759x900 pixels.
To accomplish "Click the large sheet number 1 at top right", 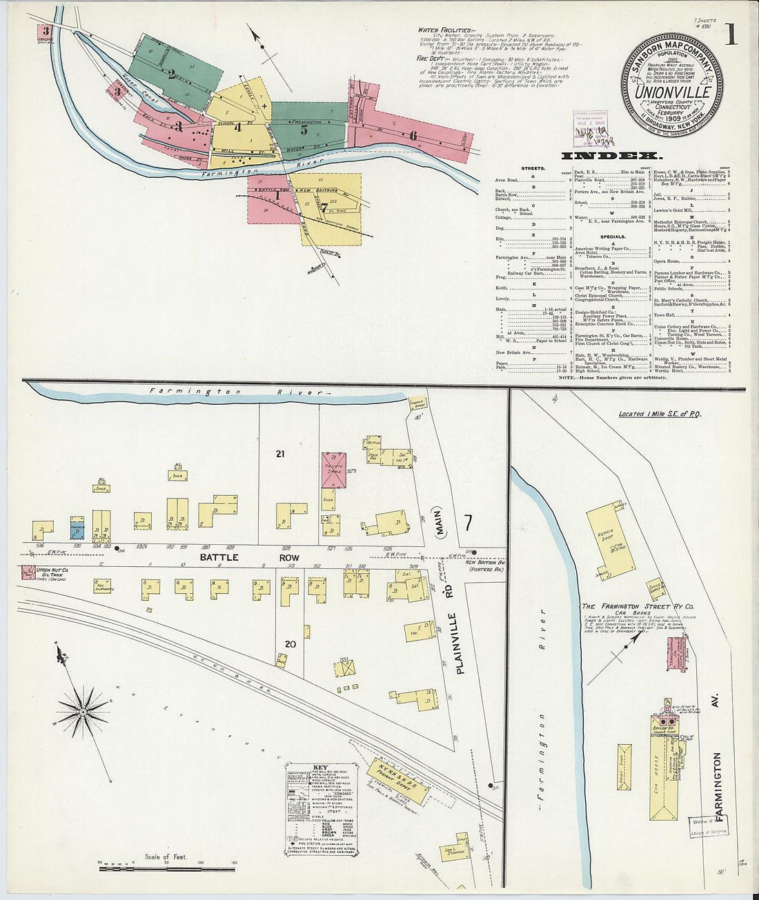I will click(x=730, y=34).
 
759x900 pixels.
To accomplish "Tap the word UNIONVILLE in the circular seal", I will click(x=673, y=91).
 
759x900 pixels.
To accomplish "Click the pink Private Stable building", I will click(x=335, y=471).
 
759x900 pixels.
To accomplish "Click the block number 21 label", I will click(x=280, y=454).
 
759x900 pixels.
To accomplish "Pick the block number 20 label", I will click(x=290, y=644).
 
